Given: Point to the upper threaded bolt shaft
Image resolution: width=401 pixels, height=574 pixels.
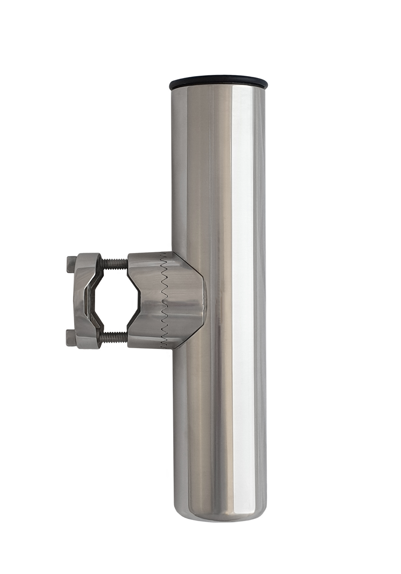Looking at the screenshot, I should pyautogui.click(x=115, y=263).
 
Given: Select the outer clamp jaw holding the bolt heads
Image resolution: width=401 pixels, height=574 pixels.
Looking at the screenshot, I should pyautogui.click(x=84, y=300).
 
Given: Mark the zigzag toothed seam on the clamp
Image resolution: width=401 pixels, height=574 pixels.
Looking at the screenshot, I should pyautogui.click(x=163, y=300).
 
